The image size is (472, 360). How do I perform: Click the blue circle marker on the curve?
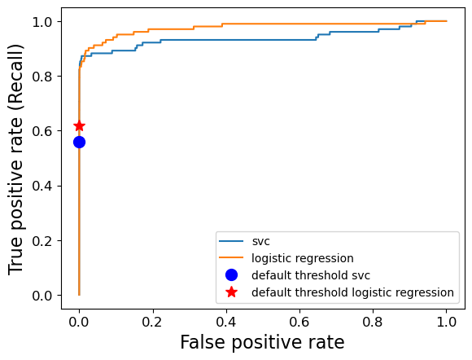click(x=79, y=142)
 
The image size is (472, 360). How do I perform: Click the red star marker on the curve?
click(x=79, y=125)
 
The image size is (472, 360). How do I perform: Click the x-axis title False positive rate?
click(x=262, y=343)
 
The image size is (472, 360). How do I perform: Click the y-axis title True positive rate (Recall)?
click(x=16, y=159)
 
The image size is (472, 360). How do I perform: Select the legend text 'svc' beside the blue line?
click(x=260, y=241)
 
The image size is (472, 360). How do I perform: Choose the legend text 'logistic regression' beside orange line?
click(x=302, y=258)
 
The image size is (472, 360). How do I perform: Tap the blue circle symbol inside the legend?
click(x=231, y=275)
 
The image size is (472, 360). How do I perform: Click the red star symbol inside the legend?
click(x=231, y=292)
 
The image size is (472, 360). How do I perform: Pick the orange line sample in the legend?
click(x=231, y=258)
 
